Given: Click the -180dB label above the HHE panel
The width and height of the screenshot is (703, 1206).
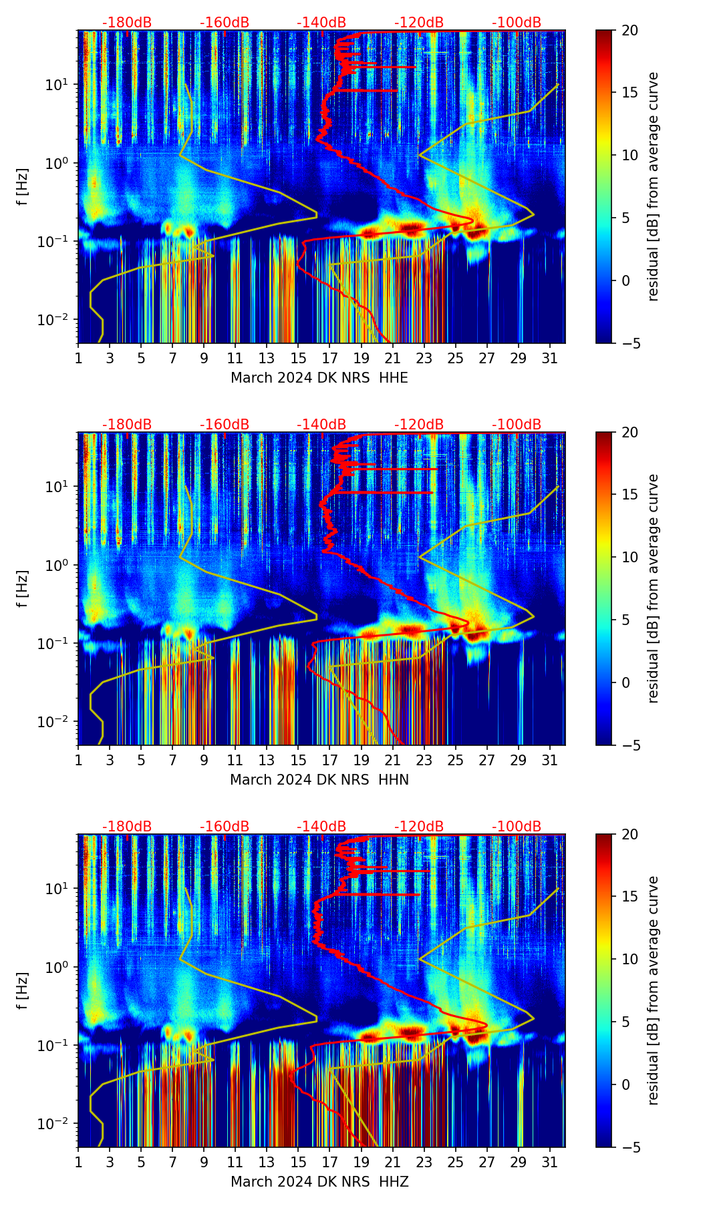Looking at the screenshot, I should coord(127,23).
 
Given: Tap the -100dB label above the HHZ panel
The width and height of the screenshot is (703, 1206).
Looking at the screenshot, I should coord(517,827).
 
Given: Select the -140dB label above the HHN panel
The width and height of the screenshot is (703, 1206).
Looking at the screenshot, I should coord(321,425).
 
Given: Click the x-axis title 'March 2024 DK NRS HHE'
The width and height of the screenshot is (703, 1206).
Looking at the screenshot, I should coord(319,378).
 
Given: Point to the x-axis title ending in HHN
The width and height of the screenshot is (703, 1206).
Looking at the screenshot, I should coord(319,780).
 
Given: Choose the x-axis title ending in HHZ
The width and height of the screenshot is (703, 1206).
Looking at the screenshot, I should coord(319,1182).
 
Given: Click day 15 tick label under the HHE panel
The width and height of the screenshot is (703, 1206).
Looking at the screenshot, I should coord(298,358).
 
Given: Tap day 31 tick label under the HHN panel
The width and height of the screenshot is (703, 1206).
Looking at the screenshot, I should coord(549,760).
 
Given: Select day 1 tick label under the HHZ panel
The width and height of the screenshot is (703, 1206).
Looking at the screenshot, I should coord(78,1162).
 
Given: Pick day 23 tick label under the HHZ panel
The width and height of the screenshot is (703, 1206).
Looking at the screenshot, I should coord(424,1162).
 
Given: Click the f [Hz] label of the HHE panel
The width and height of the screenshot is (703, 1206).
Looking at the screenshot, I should coord(23,187).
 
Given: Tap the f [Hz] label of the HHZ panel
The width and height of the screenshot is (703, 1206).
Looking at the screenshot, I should coord(23,991).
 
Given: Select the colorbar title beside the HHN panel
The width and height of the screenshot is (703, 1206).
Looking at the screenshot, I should coord(654,588).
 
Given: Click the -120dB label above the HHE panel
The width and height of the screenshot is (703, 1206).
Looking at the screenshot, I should coord(419,23).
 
